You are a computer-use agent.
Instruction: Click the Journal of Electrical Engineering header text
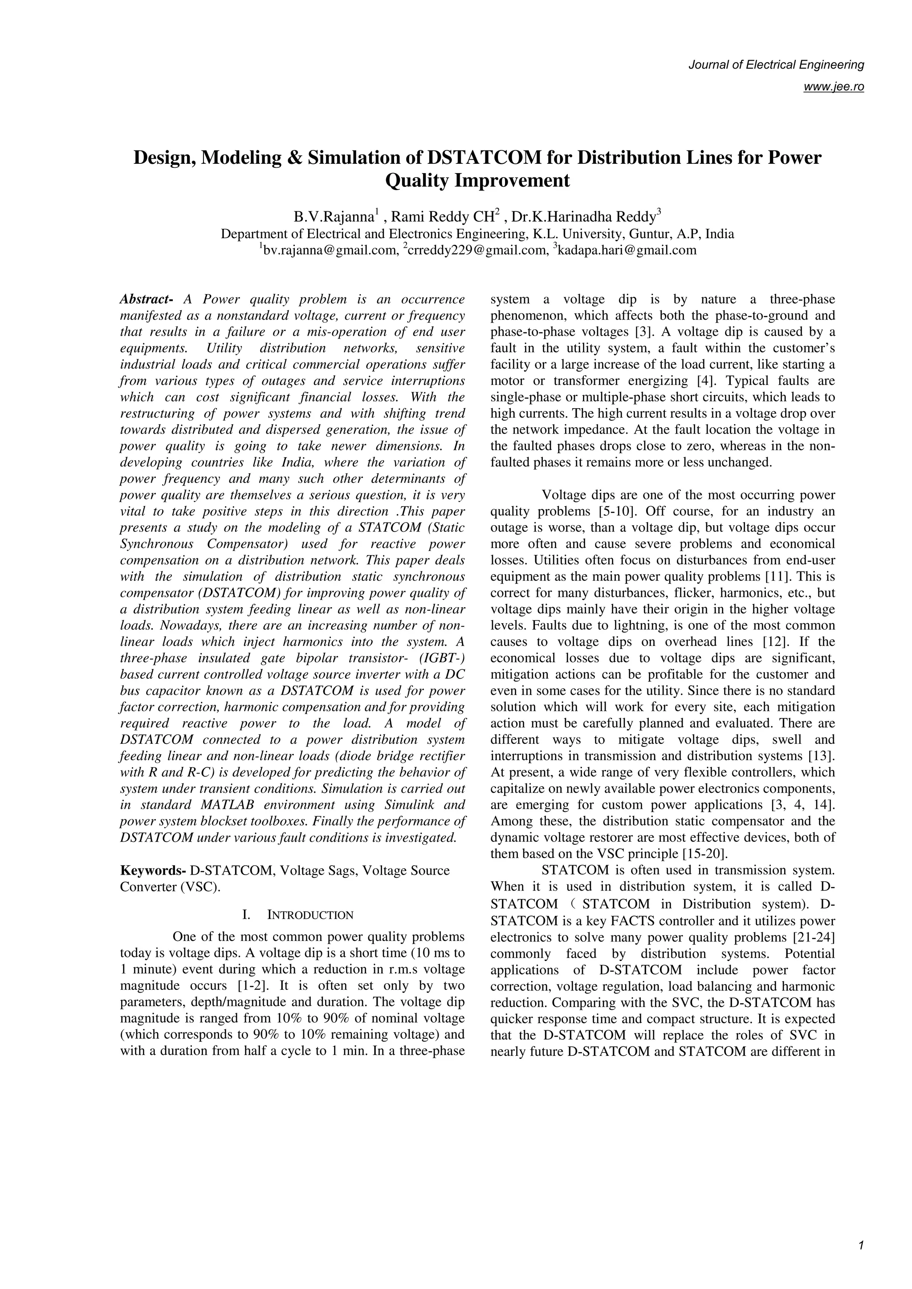click(x=776, y=65)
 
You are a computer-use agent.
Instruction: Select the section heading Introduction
click(x=310, y=915)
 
